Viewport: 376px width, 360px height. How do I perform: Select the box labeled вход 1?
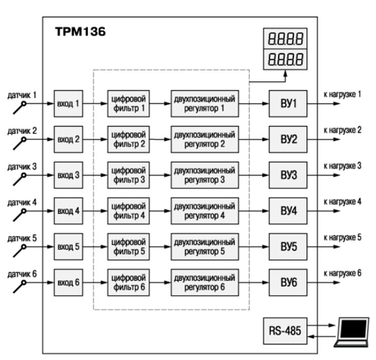click(x=68, y=103)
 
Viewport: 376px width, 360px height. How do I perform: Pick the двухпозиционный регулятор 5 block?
click(x=204, y=246)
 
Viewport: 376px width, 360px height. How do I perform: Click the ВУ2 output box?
click(x=288, y=139)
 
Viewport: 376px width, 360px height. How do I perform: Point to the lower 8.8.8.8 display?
click(x=285, y=59)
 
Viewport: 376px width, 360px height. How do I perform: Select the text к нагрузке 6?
click(x=342, y=273)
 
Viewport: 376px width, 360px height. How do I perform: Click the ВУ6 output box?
click(x=288, y=282)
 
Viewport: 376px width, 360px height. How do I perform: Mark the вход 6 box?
click(x=68, y=282)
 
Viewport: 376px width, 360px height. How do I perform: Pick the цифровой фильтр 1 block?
click(x=129, y=103)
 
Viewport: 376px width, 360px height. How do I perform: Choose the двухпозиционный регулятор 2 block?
click(x=204, y=139)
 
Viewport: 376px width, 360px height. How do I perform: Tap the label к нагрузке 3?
click(x=342, y=165)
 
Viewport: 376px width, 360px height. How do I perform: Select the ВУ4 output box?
click(x=288, y=210)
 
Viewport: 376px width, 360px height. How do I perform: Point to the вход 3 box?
click(x=68, y=175)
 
